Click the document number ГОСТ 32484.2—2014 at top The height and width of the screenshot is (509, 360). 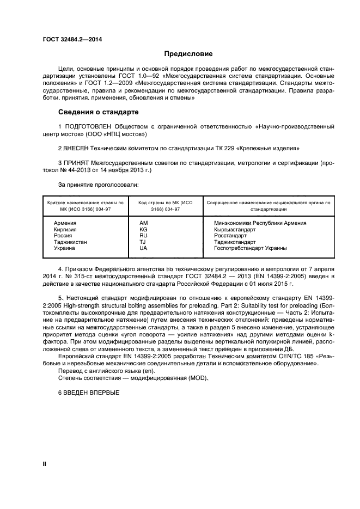(x=72, y=39)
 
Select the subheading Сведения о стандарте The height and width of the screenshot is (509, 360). (x=98, y=112)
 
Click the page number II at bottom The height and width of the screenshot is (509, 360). (x=45, y=463)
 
